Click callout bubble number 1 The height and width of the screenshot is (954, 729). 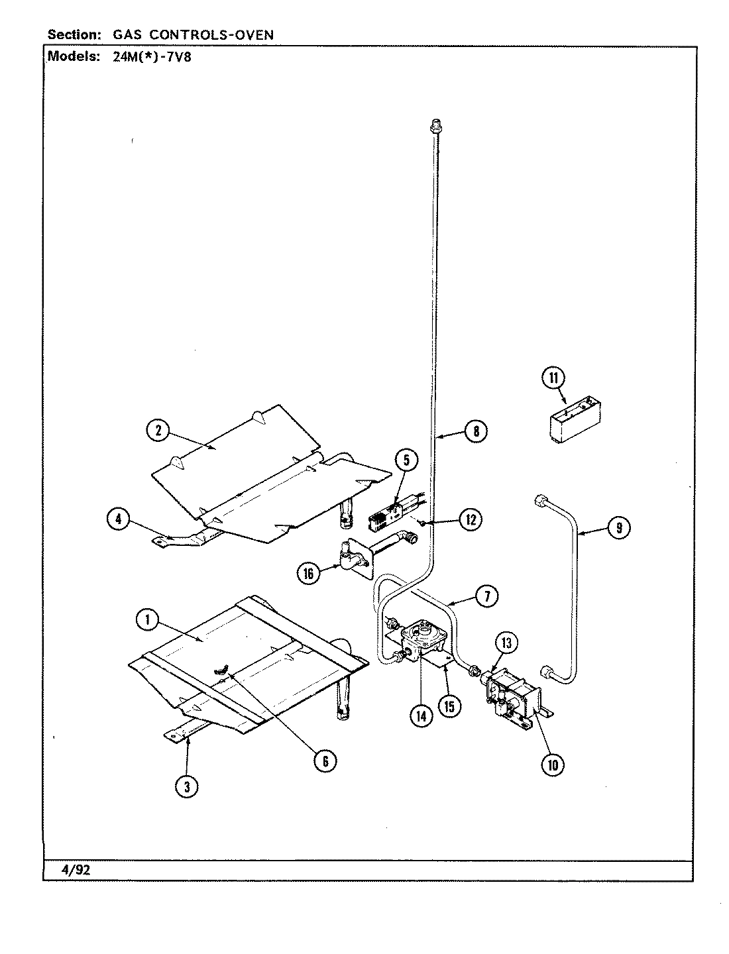146,619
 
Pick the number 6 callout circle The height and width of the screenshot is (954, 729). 325,761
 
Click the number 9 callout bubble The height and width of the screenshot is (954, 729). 618,528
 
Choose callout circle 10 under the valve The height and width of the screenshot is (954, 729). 553,765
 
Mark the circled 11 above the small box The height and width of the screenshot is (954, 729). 553,378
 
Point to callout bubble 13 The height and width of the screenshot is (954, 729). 506,642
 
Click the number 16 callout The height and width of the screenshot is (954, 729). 308,573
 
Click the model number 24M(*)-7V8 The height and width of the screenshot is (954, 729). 149,56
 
